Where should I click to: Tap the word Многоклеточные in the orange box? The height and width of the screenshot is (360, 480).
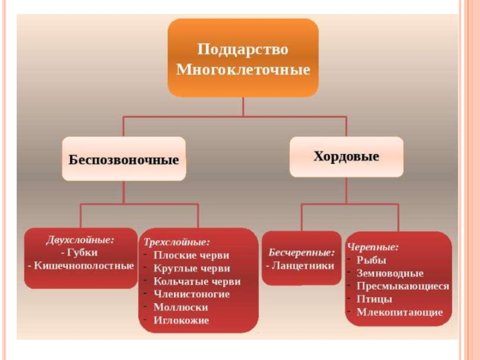[x=243, y=70]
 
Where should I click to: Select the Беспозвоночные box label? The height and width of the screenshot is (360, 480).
[x=124, y=160]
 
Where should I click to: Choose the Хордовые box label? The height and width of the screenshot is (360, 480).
[x=346, y=157]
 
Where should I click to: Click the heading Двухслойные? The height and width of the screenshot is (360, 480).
[x=80, y=239]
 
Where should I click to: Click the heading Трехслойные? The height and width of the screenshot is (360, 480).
[x=176, y=243]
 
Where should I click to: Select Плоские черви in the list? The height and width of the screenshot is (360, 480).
[x=191, y=256]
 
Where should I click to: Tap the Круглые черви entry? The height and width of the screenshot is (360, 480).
[x=191, y=269]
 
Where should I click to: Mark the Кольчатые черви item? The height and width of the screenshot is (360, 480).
[x=197, y=281]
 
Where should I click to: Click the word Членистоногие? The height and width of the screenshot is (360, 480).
[x=191, y=294]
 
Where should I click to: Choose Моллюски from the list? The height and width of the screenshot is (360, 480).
[x=181, y=307]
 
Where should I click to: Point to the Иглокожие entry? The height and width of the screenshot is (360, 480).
[x=181, y=320]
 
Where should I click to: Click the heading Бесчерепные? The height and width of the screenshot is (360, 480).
[x=301, y=252]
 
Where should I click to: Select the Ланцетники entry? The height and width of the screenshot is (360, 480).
[x=301, y=265]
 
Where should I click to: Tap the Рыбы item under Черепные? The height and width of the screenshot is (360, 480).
[x=371, y=260]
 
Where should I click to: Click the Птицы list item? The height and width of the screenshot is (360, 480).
[x=374, y=299]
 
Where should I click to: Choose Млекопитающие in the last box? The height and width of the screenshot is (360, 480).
[x=400, y=312]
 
